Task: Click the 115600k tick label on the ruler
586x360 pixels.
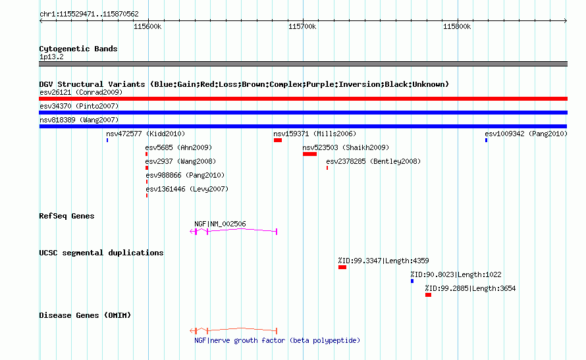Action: click(x=147, y=26)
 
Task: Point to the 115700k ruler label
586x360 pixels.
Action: click(x=302, y=26)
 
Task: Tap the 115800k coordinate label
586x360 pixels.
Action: click(x=457, y=26)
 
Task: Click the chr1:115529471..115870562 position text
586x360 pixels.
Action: click(x=89, y=14)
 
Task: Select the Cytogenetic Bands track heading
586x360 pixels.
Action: click(x=78, y=49)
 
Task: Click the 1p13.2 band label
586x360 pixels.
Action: click(x=51, y=57)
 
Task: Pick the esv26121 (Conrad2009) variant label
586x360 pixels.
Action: click(x=81, y=92)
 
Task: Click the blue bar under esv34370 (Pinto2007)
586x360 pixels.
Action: click(x=303, y=113)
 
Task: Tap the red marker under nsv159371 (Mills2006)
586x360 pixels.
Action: click(x=278, y=140)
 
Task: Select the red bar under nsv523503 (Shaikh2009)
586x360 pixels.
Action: click(x=310, y=154)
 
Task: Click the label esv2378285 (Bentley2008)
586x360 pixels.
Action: click(x=373, y=161)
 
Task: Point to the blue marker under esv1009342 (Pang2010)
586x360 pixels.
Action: click(x=486, y=140)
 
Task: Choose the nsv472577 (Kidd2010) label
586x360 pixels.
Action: click(x=146, y=134)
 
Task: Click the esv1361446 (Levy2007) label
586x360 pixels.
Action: click(x=187, y=189)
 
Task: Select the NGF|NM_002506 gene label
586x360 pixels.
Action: click(x=220, y=224)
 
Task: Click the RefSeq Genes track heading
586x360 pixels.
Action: click(x=67, y=216)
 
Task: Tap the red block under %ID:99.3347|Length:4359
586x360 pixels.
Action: click(x=342, y=267)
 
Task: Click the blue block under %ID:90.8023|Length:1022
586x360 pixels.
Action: click(x=412, y=281)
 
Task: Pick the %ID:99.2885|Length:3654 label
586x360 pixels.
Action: click(x=470, y=288)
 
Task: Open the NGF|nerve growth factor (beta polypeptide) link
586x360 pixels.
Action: click(x=277, y=340)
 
